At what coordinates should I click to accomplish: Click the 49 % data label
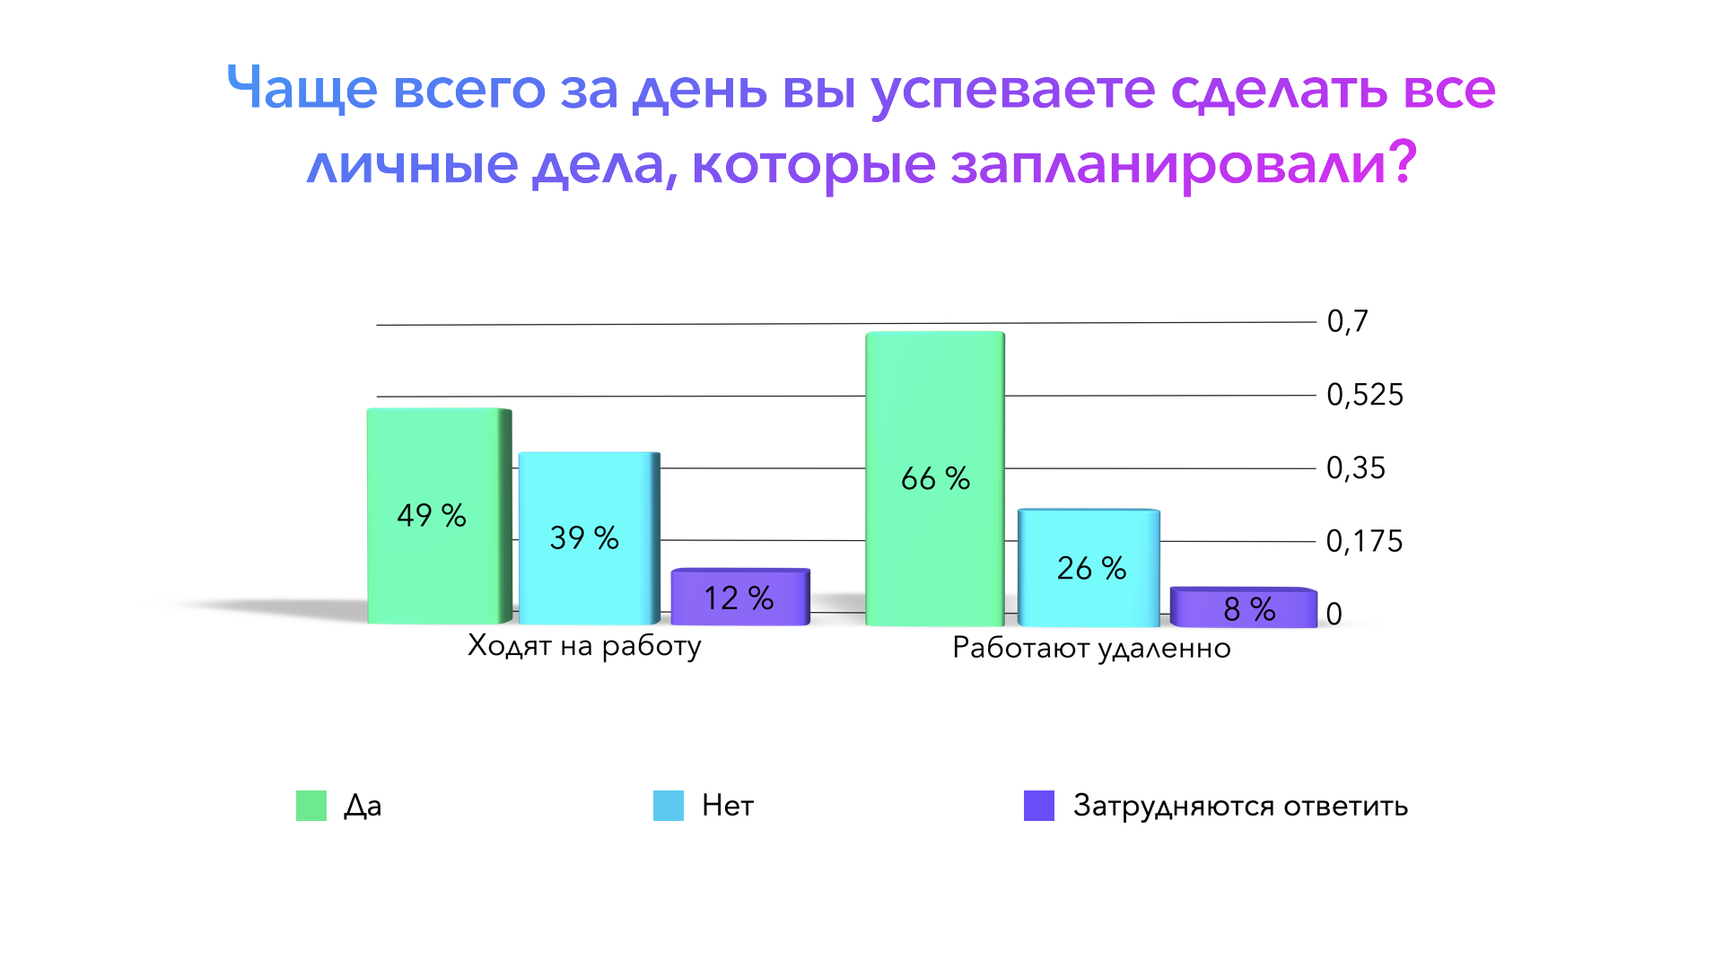[432, 516]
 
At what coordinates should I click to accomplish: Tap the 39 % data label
[584, 538]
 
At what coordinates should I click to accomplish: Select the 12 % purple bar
[739, 597]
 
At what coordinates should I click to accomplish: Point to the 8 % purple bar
[1244, 608]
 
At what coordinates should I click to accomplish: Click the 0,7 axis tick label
[1347, 321]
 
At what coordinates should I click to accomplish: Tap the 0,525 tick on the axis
[1364, 395]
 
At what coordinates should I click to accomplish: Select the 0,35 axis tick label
[1355, 468]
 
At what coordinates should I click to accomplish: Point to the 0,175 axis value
[1364, 541]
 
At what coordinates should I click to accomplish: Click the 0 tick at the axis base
[1334, 615]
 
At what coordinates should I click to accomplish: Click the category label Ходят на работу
[584, 646]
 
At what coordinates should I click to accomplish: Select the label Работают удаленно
[1091, 648]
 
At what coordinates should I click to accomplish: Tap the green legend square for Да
[311, 806]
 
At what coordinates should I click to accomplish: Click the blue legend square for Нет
[669, 806]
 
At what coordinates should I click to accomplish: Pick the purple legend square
[1039, 806]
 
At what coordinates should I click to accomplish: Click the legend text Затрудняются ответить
[1240, 806]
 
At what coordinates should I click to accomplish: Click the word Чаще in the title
[302, 89]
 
